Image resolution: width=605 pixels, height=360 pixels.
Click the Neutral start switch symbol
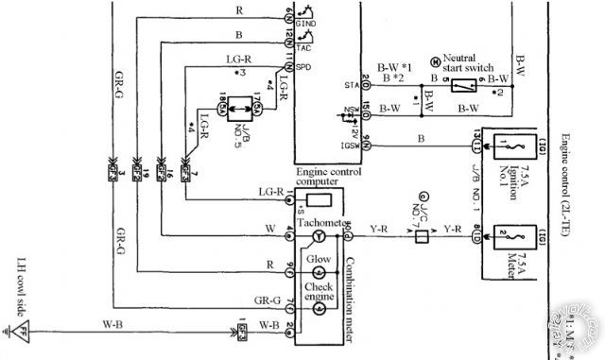pyautogui.click(x=460, y=85)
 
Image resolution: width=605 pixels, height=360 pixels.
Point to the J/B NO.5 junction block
pyautogui.click(x=243, y=104)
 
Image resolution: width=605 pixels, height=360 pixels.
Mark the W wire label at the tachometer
pyautogui.click(x=271, y=228)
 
